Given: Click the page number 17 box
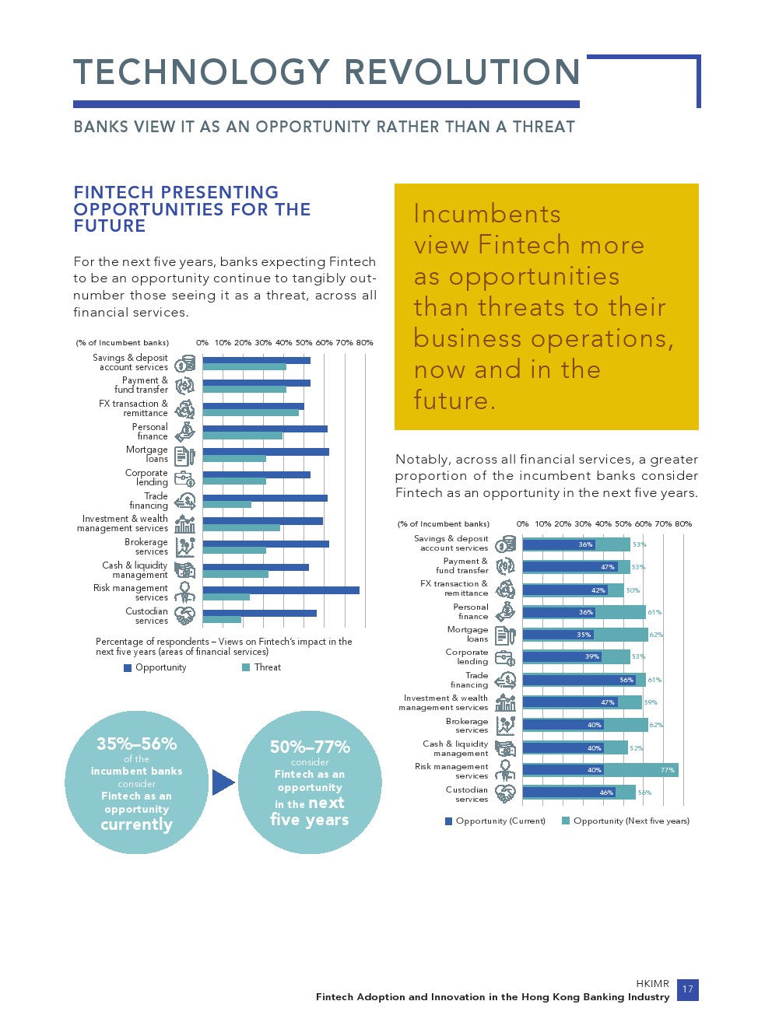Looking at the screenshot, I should [x=687, y=989].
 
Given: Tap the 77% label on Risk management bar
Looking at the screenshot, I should [x=667, y=770].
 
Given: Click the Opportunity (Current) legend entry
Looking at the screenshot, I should [x=495, y=821].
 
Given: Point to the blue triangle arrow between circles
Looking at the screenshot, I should [x=223, y=782].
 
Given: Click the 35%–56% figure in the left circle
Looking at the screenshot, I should [x=136, y=744].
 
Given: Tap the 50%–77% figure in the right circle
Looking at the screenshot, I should [x=310, y=747].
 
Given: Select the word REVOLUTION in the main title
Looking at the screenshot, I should [x=462, y=72].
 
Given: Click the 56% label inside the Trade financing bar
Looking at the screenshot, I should [x=626, y=680].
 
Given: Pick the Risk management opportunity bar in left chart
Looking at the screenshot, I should [x=281, y=590].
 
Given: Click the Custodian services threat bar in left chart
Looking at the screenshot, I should [x=222, y=620].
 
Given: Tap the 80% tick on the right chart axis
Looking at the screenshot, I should [x=683, y=523].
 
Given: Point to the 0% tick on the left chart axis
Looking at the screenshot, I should [x=202, y=342].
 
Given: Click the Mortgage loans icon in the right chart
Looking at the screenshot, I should [x=505, y=635].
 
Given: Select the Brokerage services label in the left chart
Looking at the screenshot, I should [x=146, y=547].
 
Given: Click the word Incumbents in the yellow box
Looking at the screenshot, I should [x=487, y=214].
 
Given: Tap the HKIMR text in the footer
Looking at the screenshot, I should [x=652, y=983].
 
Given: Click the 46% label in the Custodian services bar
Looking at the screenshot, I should [x=606, y=793].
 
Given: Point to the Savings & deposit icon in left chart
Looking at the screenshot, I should [x=185, y=363].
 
